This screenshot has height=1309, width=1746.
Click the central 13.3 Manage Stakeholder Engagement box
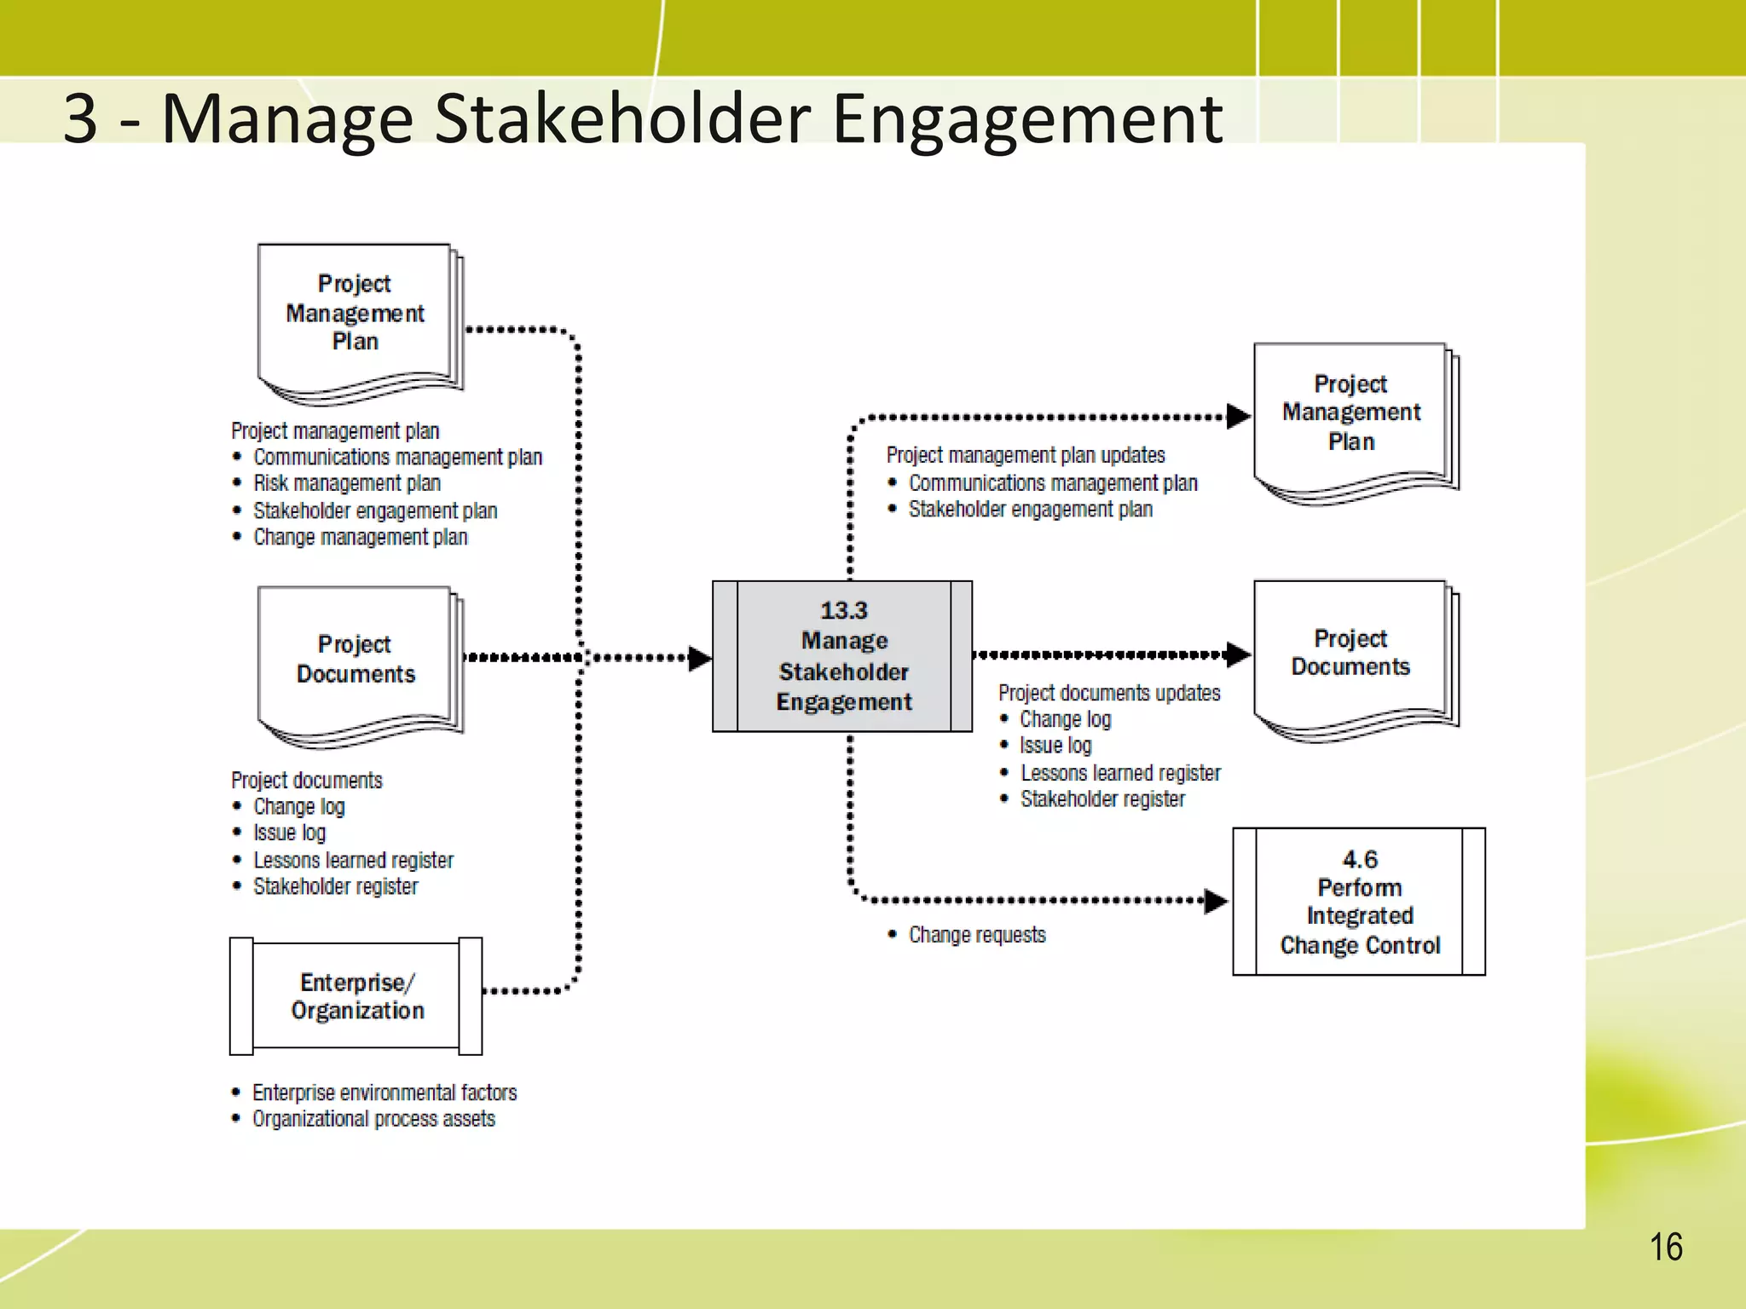pyautogui.click(x=842, y=656)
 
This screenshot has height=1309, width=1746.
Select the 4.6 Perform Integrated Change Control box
pyautogui.click(x=1359, y=902)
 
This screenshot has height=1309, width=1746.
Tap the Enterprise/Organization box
pyautogui.click(x=356, y=996)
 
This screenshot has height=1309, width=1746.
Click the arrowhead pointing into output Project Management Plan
pyautogui.click(x=1238, y=417)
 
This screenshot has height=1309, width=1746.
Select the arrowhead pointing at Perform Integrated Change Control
pyautogui.click(x=1216, y=901)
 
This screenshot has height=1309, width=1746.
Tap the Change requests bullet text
pyautogui.click(x=977, y=935)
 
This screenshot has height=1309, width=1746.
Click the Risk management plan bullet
pyautogui.click(x=347, y=483)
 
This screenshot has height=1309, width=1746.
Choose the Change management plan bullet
pyautogui.click(x=361, y=537)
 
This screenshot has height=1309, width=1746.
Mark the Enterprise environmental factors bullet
pyautogui.click(x=384, y=1093)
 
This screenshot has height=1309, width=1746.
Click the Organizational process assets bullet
pyautogui.click(x=373, y=1119)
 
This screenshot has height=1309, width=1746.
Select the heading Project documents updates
pyautogui.click(x=1109, y=693)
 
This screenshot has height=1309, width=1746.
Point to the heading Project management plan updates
pyautogui.click(x=1026, y=455)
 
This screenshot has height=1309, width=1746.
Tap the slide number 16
pyautogui.click(x=1665, y=1248)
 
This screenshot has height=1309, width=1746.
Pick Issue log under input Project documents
pyautogui.click(x=290, y=833)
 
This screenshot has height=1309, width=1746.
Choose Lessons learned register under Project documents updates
pyautogui.click(x=1120, y=773)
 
